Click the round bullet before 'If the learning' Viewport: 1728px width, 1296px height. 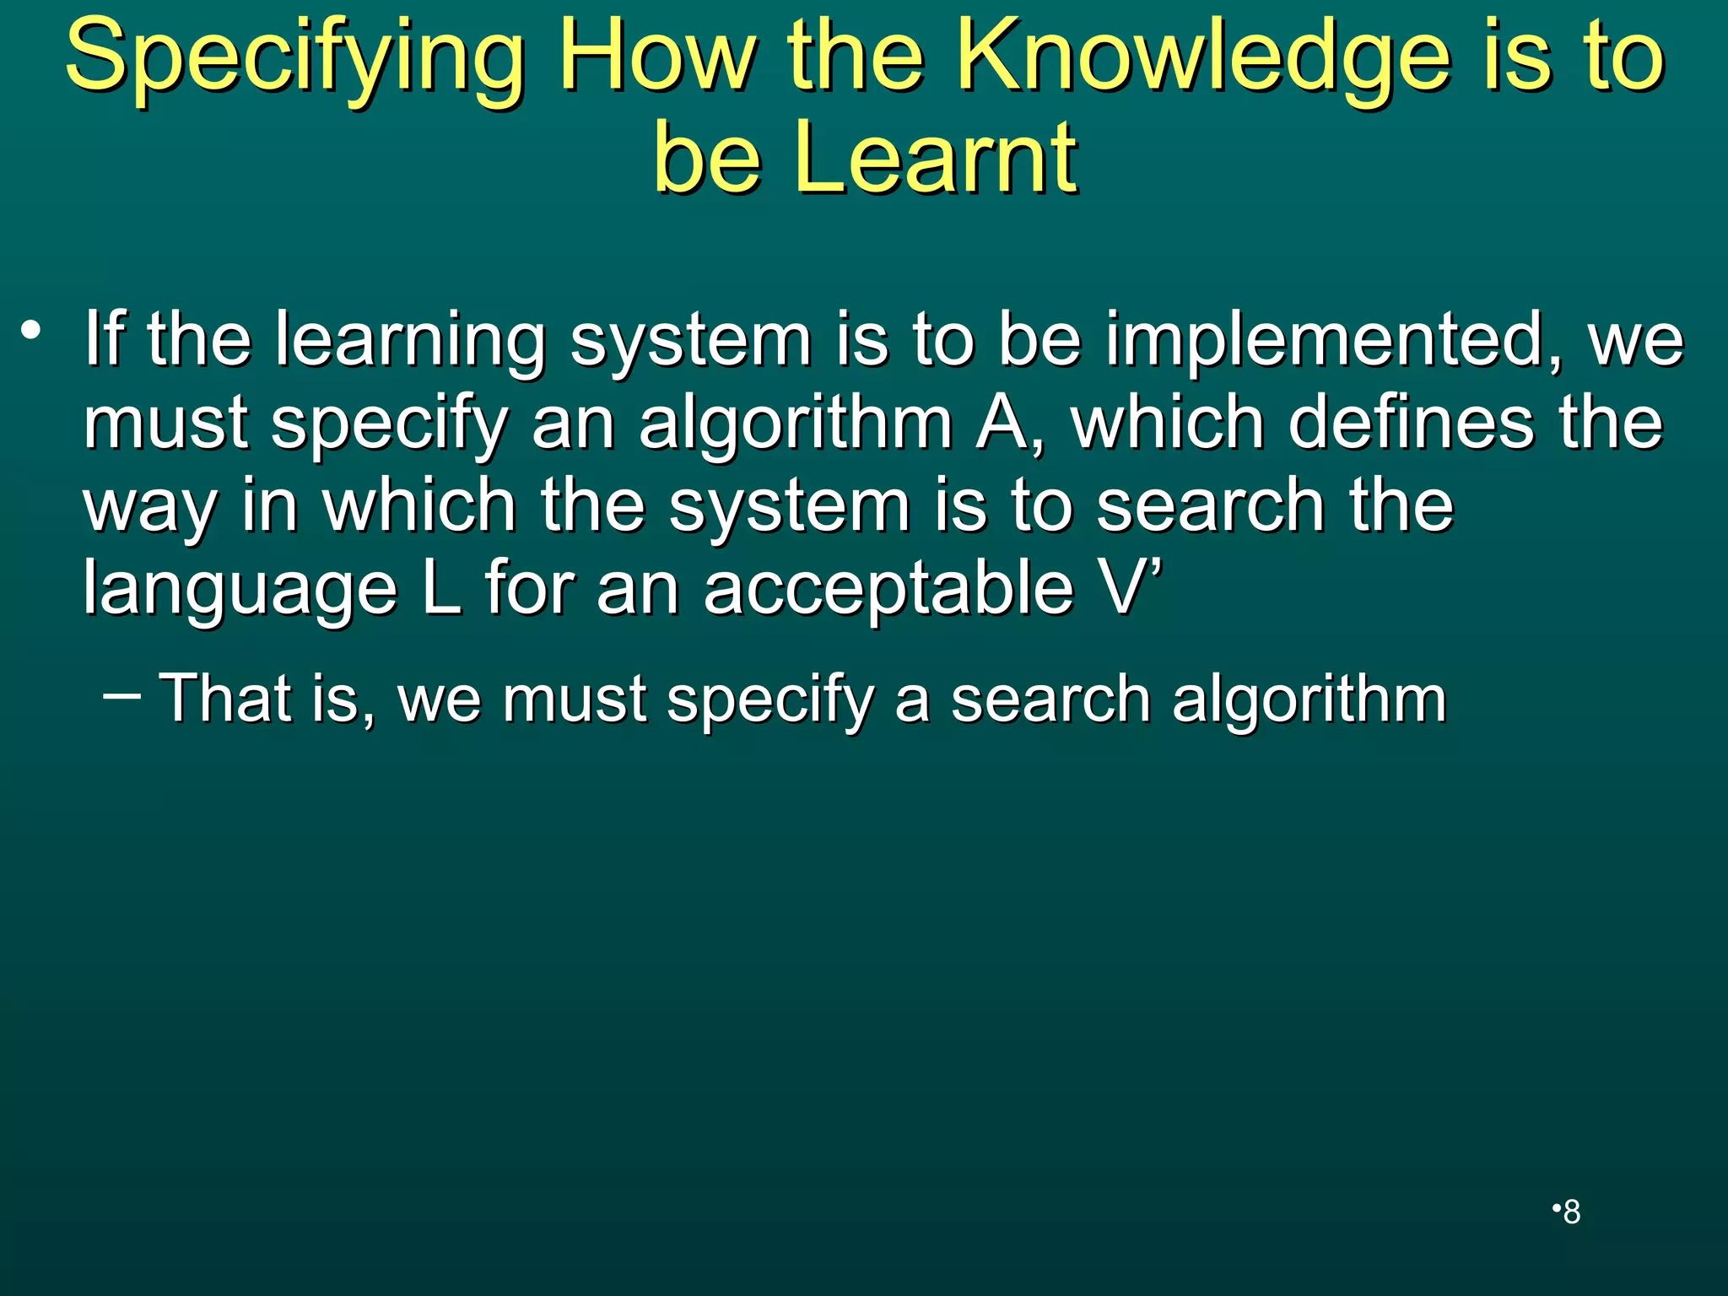point(32,331)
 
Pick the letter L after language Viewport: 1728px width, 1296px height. point(441,589)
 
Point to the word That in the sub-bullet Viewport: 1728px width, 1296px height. point(225,699)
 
